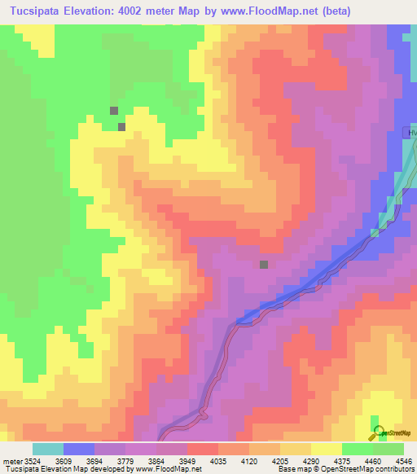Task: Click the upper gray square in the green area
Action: [x=114, y=111]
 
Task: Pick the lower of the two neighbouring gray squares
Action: [x=121, y=126]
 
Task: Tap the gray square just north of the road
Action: [x=264, y=265]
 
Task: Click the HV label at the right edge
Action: [x=411, y=133]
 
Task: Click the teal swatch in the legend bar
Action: [x=48, y=448]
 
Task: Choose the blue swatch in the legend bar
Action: [x=79, y=448]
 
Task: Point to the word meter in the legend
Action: [x=12, y=460]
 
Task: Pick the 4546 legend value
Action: [x=404, y=460]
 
